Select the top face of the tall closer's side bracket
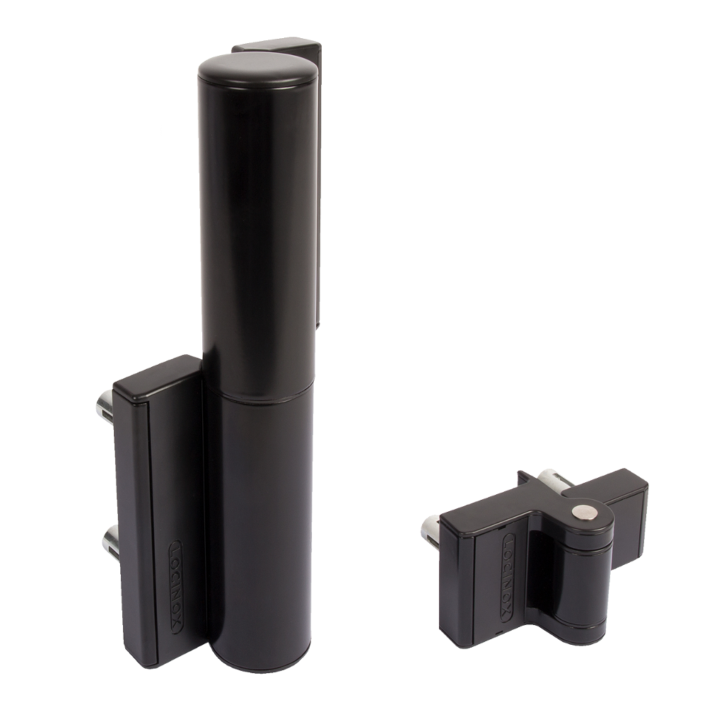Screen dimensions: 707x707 tap(156, 382)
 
